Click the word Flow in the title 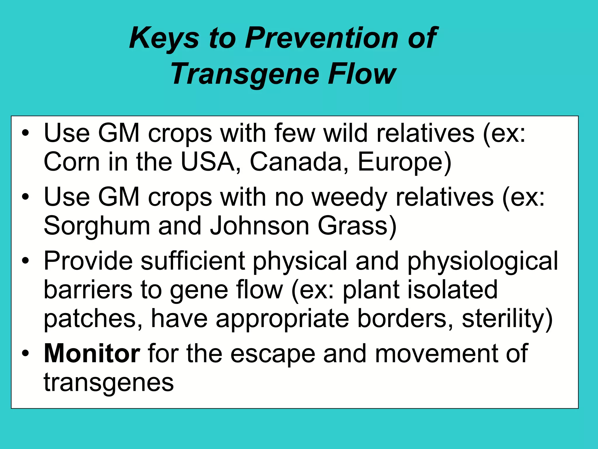click(362, 74)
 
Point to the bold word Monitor click(92, 354)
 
